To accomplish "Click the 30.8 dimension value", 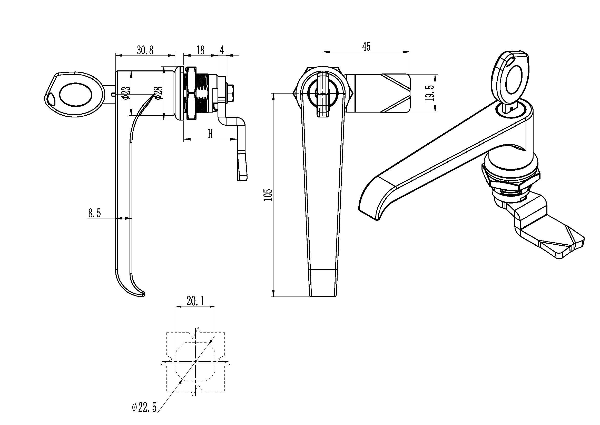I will (x=145, y=50).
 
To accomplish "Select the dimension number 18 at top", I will (x=200, y=50).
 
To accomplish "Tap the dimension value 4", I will (x=222, y=50).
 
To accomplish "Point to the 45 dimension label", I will (x=366, y=47).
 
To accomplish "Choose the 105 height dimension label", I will (x=268, y=195).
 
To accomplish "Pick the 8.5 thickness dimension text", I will (x=94, y=213).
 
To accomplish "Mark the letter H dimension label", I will (x=210, y=134).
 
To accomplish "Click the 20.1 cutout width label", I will (x=195, y=301).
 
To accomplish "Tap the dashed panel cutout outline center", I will (x=195, y=362).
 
